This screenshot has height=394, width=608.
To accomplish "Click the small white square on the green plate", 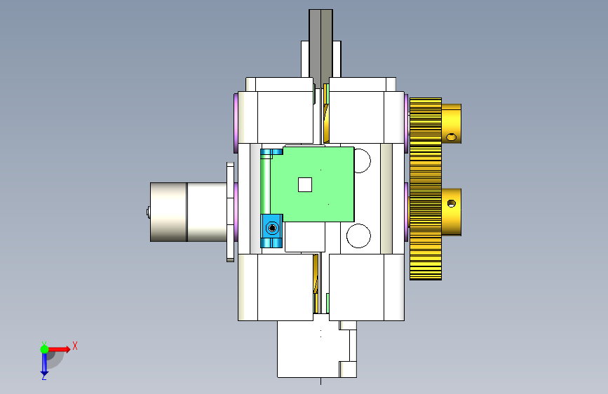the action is coord(305,184).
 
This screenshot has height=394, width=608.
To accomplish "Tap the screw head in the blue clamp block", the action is coord(272,228).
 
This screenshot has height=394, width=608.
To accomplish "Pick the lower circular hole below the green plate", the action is coord(358,236).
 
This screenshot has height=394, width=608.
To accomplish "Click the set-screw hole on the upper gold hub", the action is coord(452,137).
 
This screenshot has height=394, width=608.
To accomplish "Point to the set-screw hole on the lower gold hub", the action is coord(452,203).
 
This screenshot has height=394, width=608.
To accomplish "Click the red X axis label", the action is coord(75,346).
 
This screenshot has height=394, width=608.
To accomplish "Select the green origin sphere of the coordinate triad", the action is coord(44,349).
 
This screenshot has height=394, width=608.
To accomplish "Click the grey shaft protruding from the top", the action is coord(320,46).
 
